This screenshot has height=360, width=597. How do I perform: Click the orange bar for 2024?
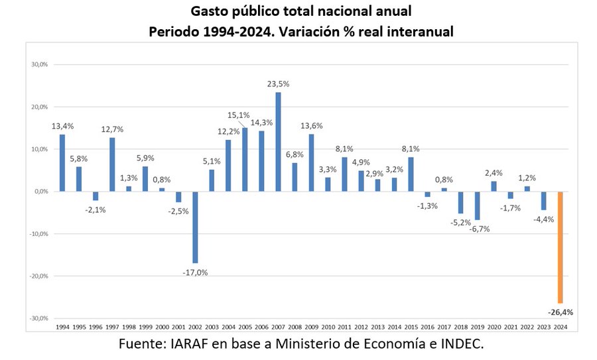coord(560,247)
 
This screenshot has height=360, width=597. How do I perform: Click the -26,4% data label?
coord(560,312)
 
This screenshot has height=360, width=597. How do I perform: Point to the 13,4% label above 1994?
coord(62,126)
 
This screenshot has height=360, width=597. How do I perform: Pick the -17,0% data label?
coord(195,272)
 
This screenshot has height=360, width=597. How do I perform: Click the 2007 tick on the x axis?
coord(278,328)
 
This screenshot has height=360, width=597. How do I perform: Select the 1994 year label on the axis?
coord(62,328)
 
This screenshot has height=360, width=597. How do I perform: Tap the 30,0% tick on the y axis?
coord(40,65)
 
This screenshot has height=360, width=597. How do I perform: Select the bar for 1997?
coord(112,164)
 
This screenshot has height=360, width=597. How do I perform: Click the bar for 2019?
coord(477,206)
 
